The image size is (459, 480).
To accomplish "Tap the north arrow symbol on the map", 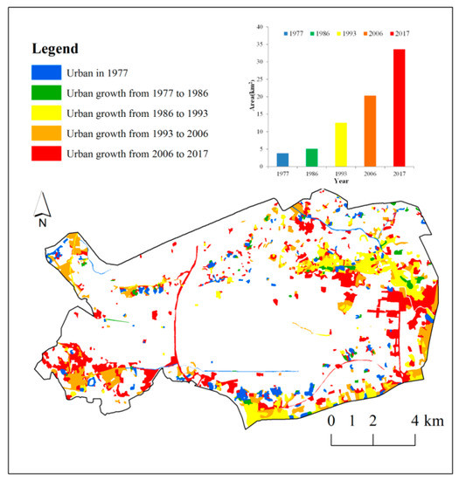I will (x=41, y=208).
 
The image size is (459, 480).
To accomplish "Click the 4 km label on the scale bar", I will (x=428, y=421).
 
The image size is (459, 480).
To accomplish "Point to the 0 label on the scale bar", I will (x=331, y=421).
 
